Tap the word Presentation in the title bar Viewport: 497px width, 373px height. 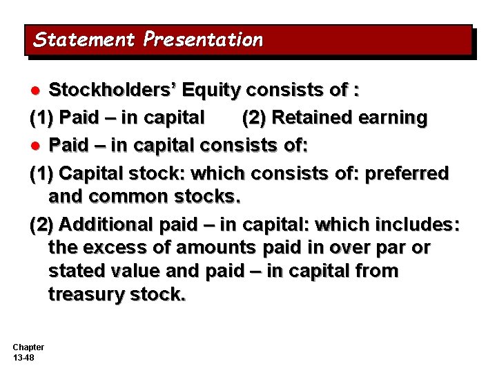(204, 39)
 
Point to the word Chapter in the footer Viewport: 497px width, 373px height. (28, 347)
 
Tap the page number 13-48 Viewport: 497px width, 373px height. (23, 357)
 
